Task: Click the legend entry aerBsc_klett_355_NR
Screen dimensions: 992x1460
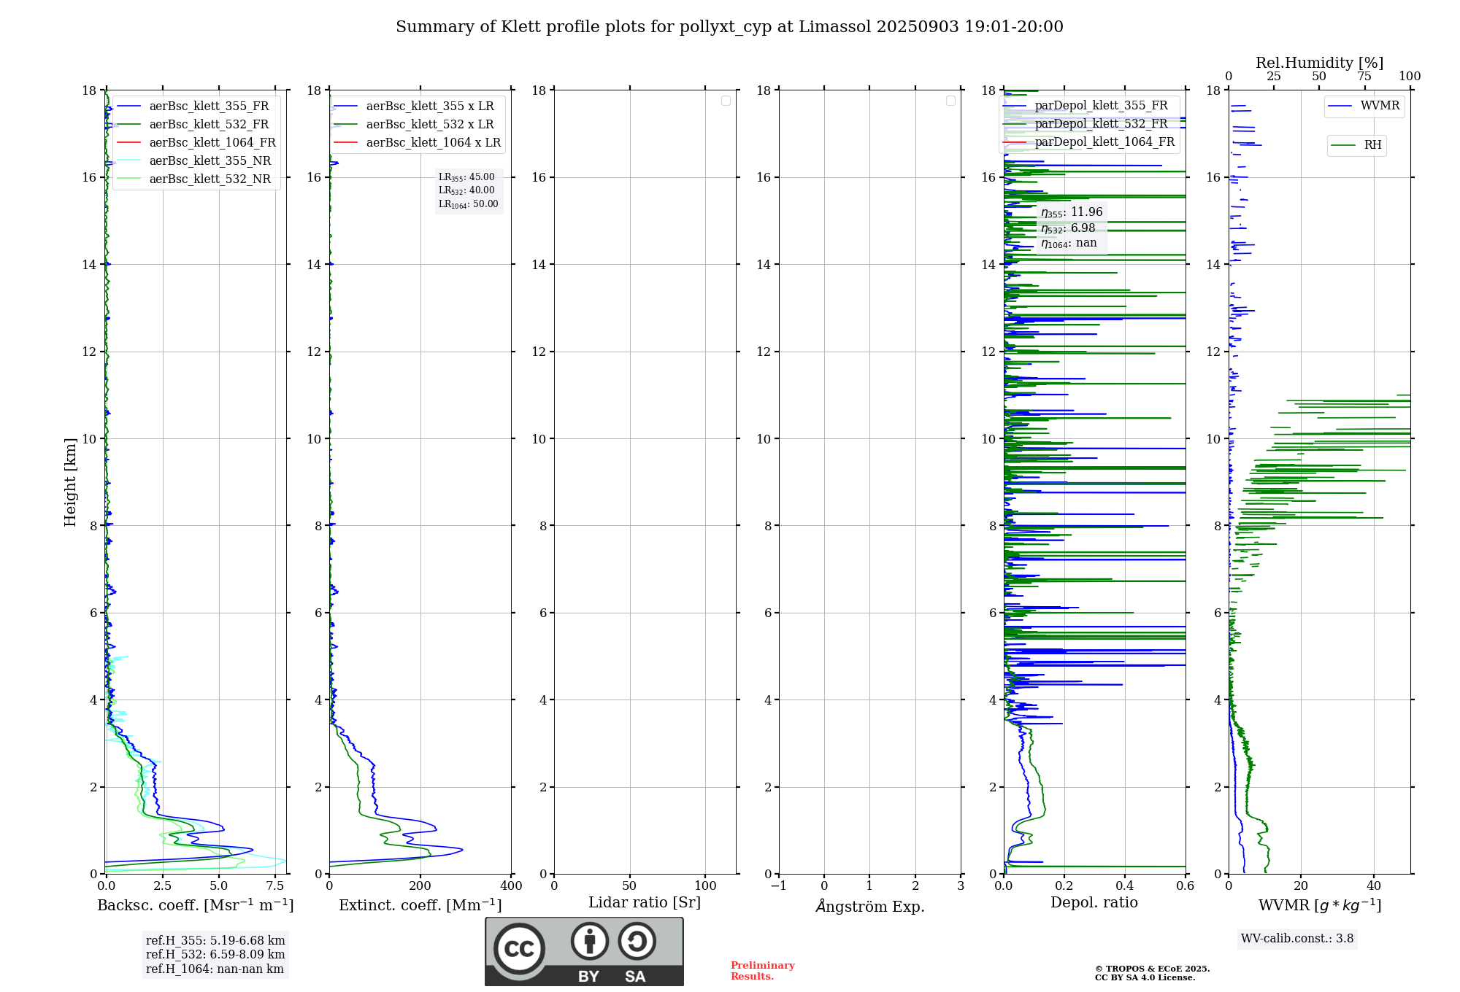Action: [x=210, y=161]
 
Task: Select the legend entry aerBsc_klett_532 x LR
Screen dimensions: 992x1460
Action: [x=429, y=125]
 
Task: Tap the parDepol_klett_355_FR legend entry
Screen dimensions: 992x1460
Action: [x=1101, y=106]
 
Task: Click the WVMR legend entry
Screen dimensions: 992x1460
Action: [x=1380, y=106]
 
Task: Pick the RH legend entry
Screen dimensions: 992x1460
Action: [x=1372, y=145]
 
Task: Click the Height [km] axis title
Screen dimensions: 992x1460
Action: [x=70, y=482]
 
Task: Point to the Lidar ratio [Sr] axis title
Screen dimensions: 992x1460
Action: [x=644, y=903]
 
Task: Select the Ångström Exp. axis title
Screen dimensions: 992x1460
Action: [x=869, y=906]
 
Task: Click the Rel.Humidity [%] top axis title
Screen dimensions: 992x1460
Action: [x=1319, y=63]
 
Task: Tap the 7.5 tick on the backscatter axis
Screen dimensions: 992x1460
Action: [x=275, y=886]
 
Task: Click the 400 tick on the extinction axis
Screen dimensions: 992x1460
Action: [x=511, y=886]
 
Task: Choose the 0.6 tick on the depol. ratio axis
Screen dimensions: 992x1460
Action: [x=1185, y=886]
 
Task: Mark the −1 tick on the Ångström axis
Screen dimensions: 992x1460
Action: [x=779, y=886]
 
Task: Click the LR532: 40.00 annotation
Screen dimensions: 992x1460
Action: [x=466, y=190]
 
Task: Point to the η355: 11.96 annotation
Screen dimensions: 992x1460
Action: [x=1071, y=212]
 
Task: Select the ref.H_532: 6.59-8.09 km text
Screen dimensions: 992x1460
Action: [x=215, y=955]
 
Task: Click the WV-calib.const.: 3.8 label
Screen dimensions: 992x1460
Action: [x=1296, y=939]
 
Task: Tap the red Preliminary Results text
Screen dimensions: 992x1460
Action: [x=762, y=971]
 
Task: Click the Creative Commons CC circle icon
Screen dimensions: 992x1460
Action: [x=519, y=949]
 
